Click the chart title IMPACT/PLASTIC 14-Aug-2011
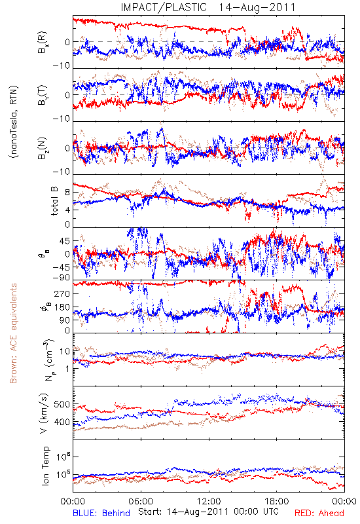[208, 7]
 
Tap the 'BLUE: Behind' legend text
[101, 513]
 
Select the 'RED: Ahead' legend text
[319, 513]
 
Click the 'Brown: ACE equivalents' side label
[13, 333]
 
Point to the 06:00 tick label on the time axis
[141, 501]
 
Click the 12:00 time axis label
[209, 501]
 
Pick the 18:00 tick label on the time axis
[276, 501]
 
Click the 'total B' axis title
[54, 201]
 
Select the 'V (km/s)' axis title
[44, 414]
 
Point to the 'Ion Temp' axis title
[45, 466]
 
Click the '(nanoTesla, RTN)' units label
[14, 122]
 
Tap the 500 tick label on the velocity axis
[62, 404]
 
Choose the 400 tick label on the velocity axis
[62, 422]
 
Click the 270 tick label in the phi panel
[62, 293]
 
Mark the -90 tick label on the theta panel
[61, 278]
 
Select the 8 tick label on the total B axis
[67, 193]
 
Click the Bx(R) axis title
[43, 43]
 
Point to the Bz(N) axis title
[43, 148]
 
